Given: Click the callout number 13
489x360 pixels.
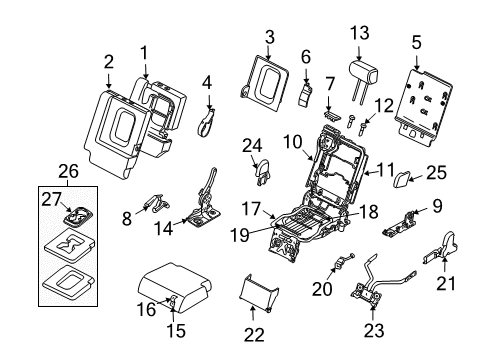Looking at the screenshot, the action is [x=359, y=33].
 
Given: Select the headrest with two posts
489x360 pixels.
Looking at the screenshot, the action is [x=363, y=77].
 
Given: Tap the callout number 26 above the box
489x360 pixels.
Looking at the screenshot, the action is [x=68, y=171].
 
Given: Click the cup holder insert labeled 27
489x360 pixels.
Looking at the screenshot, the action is [x=78, y=217].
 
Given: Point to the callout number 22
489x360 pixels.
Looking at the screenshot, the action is [x=254, y=335].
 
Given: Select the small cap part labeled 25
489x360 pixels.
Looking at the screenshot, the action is [x=402, y=179].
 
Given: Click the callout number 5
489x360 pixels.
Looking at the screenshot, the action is [x=416, y=43].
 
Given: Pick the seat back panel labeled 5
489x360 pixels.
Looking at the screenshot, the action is [x=423, y=107].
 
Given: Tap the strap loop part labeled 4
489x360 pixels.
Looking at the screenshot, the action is [x=206, y=123].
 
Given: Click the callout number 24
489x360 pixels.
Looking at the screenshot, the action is [x=252, y=146].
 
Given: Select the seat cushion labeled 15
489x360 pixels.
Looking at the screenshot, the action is [x=175, y=287].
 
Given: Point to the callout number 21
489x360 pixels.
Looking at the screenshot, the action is [x=446, y=284].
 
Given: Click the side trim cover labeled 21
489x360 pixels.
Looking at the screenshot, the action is [x=442, y=249].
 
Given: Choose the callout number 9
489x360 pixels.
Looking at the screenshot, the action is [x=437, y=206].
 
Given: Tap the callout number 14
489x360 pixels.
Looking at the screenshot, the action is [x=163, y=229].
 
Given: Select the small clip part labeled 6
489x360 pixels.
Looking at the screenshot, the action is [x=305, y=95].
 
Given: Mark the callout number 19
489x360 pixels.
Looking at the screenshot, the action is [x=240, y=236].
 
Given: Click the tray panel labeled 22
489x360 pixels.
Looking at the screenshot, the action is [x=258, y=293].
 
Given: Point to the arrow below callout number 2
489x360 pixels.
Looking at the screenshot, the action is [x=109, y=81].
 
